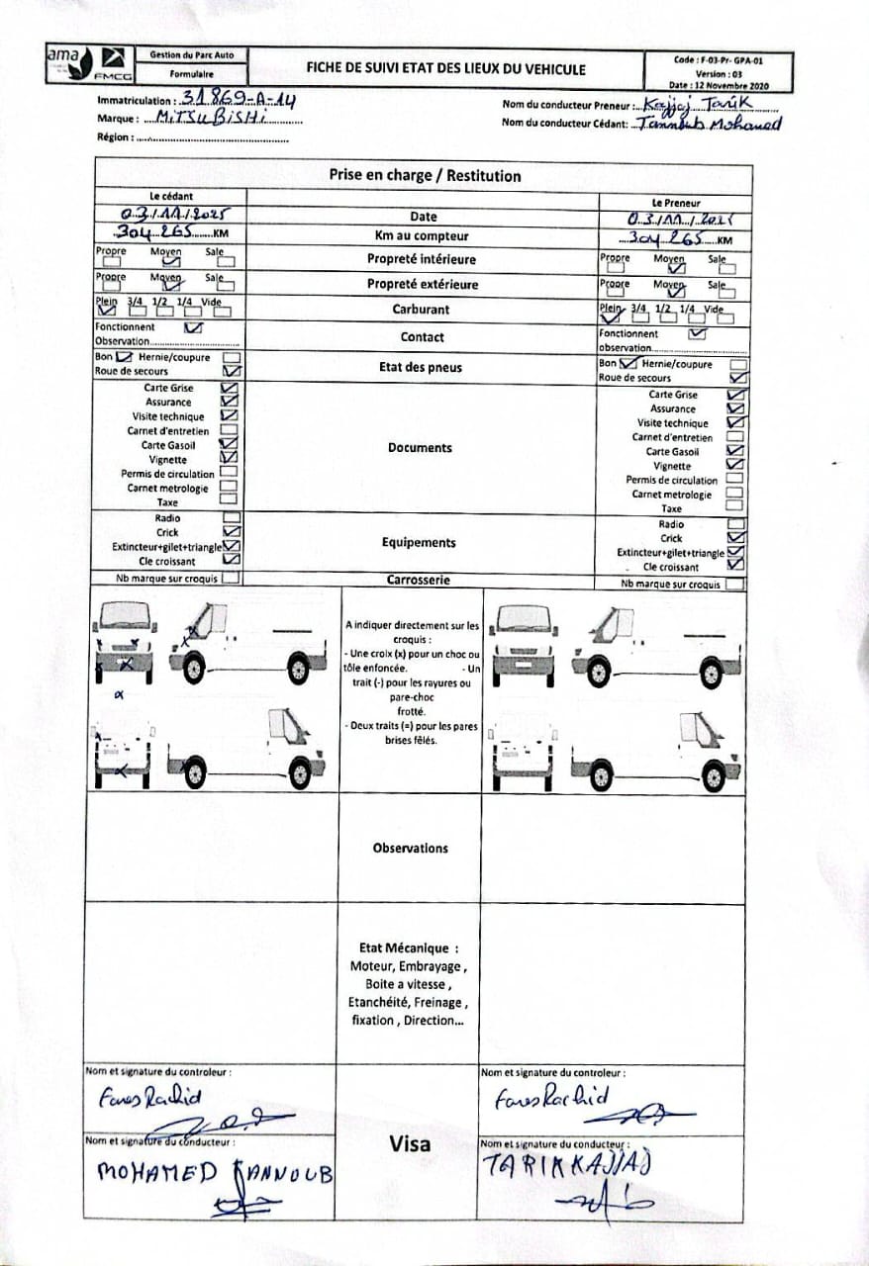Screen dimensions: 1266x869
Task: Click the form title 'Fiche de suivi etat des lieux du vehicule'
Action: point(446,69)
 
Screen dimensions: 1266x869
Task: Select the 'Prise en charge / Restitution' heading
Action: point(425,176)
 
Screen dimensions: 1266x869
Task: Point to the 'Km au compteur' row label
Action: point(422,236)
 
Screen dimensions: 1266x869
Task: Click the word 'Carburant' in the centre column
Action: point(420,310)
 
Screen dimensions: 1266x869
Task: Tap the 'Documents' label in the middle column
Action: point(420,448)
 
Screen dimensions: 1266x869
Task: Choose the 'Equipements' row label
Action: point(419,543)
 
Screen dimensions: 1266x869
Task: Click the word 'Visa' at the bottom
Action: point(410,1144)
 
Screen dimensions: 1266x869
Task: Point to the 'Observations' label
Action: point(410,849)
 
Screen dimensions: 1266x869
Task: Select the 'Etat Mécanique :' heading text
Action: point(409,948)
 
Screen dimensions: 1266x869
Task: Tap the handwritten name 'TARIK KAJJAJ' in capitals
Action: point(566,1165)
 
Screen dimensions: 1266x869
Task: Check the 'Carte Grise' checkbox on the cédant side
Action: point(230,389)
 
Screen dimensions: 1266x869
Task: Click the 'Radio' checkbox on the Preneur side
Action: point(735,524)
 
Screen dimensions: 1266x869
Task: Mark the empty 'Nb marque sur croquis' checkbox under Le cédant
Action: point(230,579)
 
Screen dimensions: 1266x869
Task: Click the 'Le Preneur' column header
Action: point(676,202)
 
